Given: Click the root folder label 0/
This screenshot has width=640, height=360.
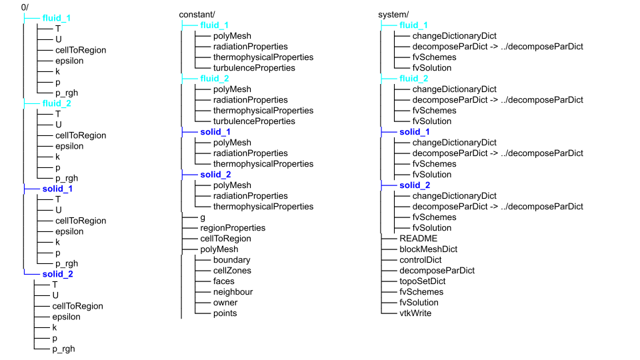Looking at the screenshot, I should [25, 7].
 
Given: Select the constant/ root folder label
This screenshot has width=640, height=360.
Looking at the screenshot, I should [197, 14].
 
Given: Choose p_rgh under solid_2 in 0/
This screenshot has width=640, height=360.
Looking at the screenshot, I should [65, 349].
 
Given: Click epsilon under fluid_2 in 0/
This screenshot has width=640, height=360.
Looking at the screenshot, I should [69, 146].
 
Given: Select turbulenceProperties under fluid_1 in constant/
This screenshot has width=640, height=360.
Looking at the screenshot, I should [254, 67].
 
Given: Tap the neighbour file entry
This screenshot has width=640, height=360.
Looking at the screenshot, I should [233, 291].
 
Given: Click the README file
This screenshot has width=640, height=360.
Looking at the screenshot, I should [418, 238].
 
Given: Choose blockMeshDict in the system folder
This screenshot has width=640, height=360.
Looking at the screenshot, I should [428, 249].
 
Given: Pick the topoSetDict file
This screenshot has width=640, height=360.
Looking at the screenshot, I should [422, 281].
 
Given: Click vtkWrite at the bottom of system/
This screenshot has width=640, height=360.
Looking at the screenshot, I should [415, 313].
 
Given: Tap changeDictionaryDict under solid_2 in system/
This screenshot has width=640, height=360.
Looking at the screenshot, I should [454, 195].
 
